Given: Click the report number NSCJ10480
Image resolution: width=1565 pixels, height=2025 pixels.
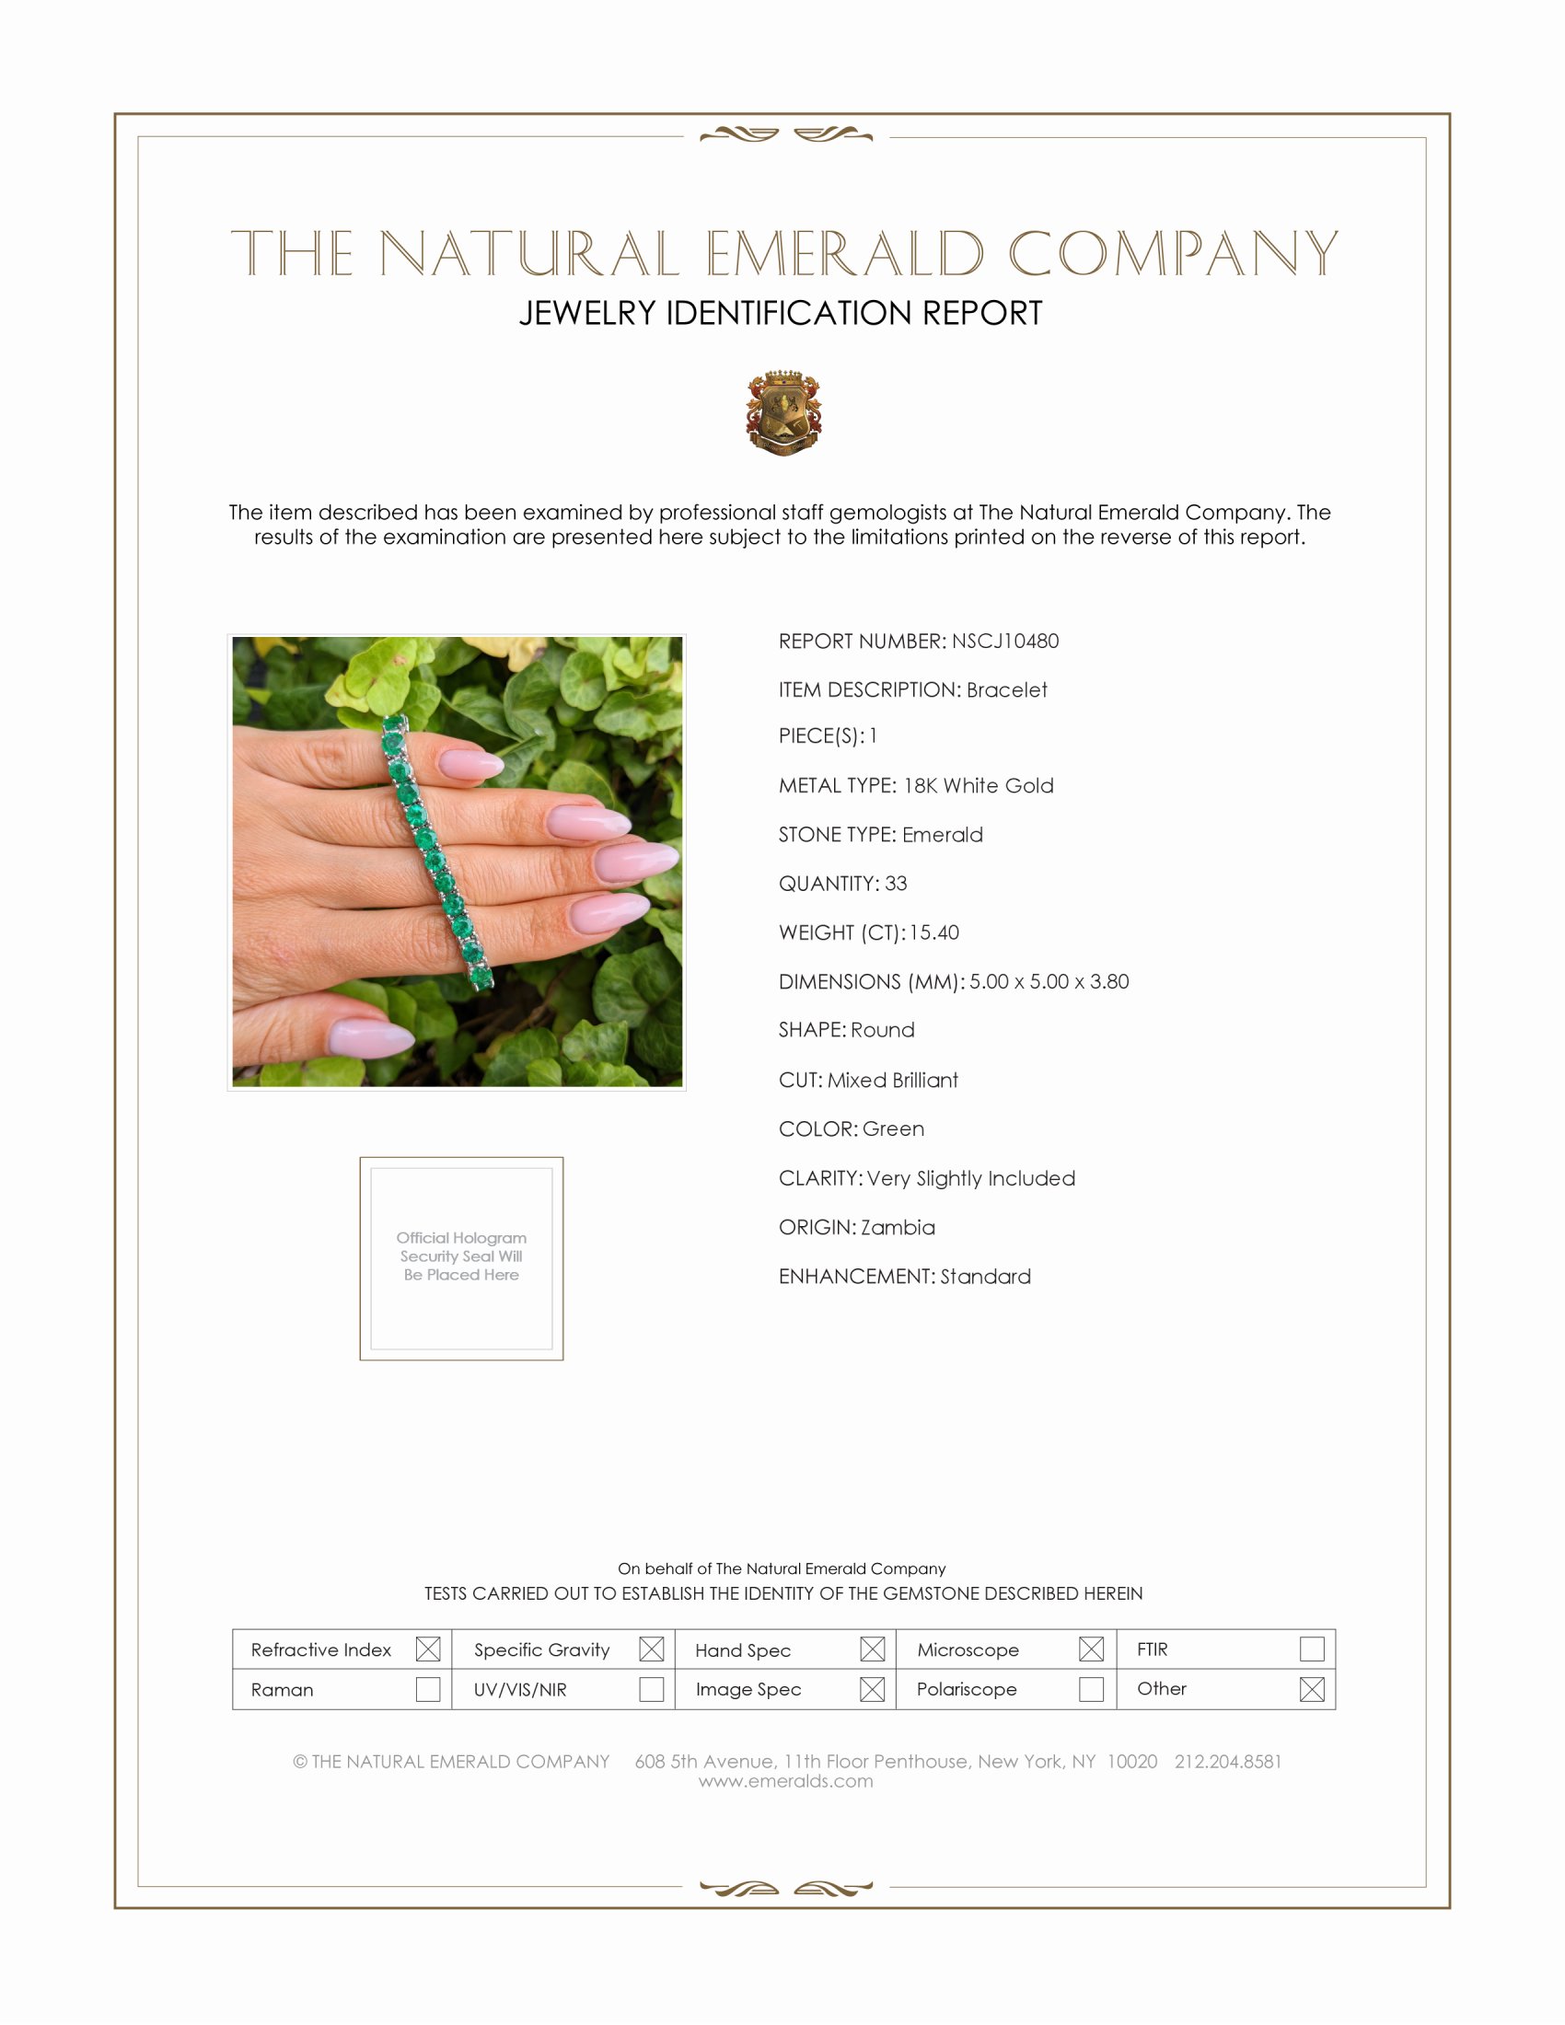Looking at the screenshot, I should click(1005, 641).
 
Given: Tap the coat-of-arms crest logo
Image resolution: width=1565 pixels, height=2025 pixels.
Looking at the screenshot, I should click(783, 412).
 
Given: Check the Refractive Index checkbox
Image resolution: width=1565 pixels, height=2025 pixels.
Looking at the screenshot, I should click(427, 1649).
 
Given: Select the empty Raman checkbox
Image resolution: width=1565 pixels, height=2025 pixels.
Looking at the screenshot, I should click(427, 1688).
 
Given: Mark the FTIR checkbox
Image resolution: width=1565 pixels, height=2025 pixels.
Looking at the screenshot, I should click(1311, 1649).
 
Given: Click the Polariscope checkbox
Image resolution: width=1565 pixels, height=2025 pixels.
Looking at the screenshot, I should click(1091, 1688).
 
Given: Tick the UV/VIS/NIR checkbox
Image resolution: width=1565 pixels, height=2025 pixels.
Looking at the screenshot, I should click(652, 1688).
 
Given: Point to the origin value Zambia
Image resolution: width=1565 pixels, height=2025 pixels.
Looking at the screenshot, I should click(898, 1228).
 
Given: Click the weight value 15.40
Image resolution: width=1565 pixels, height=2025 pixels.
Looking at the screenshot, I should click(933, 932).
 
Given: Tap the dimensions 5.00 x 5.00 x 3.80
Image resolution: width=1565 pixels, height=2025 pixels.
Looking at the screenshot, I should click(1049, 982).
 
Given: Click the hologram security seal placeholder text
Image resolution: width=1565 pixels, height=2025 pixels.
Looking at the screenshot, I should click(461, 1256).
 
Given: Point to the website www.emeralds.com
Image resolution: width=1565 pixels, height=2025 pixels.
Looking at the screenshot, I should click(785, 1781).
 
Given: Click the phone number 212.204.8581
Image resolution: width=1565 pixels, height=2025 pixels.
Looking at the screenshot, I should click(1227, 1762).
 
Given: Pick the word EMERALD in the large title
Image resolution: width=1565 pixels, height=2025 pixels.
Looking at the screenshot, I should click(844, 254).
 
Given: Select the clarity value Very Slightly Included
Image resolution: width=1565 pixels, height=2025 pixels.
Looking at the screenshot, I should click(970, 1178).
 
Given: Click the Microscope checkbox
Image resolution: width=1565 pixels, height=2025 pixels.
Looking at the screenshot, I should click(1091, 1649).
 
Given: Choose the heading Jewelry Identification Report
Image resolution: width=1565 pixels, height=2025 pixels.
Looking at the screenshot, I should click(781, 313).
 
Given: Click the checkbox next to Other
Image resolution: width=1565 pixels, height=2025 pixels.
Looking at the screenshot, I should click(1311, 1688).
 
